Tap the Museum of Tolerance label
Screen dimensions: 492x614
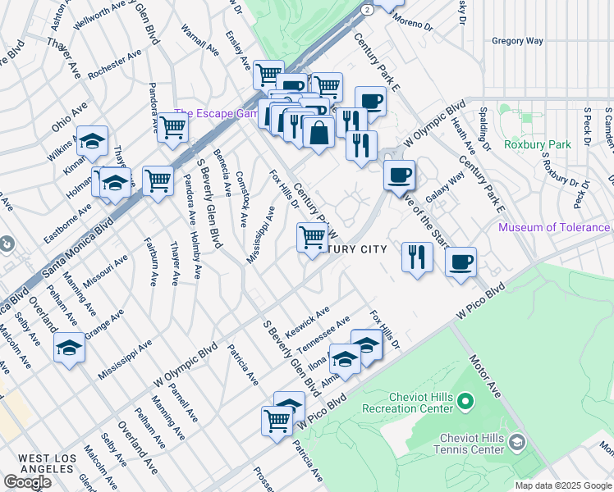click(x=554, y=227)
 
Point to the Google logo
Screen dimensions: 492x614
click(x=27, y=482)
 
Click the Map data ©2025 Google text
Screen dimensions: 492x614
click(x=563, y=485)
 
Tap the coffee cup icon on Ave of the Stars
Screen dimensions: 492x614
click(x=399, y=174)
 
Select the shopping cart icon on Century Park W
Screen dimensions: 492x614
click(x=312, y=238)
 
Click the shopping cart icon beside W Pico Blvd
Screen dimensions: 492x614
click(x=277, y=421)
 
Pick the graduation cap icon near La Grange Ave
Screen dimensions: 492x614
click(x=69, y=348)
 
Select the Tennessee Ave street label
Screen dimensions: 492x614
click(x=323, y=334)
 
